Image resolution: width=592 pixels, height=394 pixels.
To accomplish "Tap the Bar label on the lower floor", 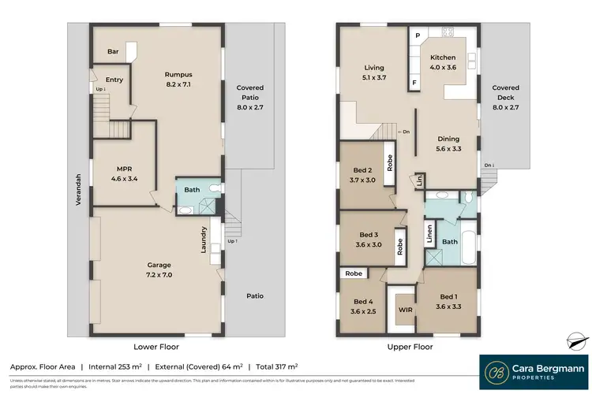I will (x=113, y=52).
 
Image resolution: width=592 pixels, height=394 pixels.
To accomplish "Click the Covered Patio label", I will (x=250, y=94).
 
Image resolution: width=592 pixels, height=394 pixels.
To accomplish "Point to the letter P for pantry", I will (x=417, y=36).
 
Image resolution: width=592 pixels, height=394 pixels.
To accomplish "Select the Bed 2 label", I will (x=362, y=173).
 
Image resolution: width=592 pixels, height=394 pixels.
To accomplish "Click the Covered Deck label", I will (x=506, y=94).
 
